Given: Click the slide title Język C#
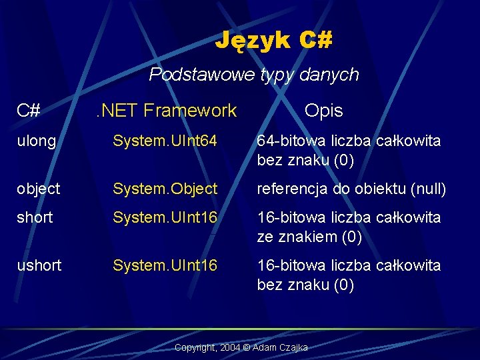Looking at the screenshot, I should [273, 41].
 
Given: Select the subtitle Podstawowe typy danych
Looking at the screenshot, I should [253, 75].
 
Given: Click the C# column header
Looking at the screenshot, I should [29, 111].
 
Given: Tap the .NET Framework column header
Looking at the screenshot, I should [165, 111].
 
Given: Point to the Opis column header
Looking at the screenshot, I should [323, 111].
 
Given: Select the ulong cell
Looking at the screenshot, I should [37, 141].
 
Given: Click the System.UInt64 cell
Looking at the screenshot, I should [165, 141].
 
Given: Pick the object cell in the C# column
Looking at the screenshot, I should [39, 189].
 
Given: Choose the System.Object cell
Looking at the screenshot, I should [165, 189].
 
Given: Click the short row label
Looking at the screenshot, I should [35, 218].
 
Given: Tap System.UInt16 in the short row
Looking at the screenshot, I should [165, 218].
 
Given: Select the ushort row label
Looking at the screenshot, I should [39, 266].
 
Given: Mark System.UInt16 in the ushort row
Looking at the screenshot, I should [165, 266].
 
